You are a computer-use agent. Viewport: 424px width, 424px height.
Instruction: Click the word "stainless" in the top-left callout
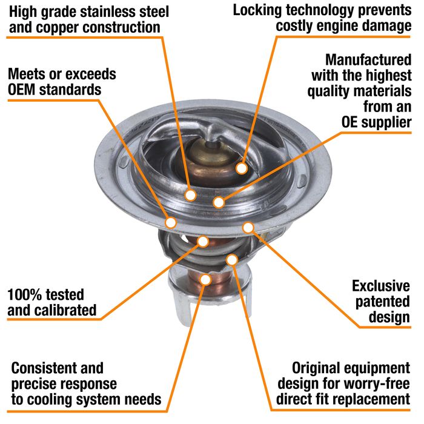click(105, 12)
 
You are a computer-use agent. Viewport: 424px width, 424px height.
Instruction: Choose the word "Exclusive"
click(382, 285)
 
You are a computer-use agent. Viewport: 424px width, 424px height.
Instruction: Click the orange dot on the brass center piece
click(242, 168)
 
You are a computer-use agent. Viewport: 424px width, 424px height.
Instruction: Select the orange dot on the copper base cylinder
click(205, 279)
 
